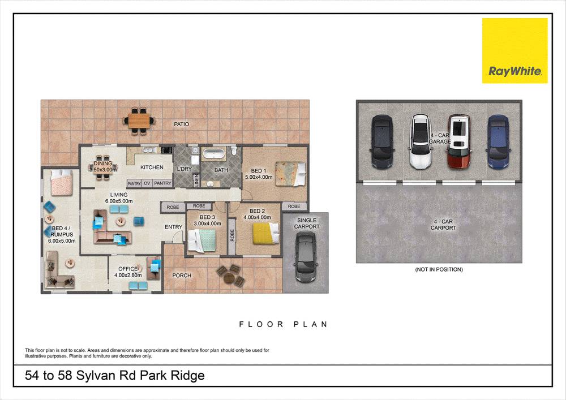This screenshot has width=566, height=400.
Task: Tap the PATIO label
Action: coord(181,124)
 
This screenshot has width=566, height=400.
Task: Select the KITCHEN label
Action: coord(152,167)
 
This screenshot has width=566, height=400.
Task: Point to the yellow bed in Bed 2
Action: coord(265,231)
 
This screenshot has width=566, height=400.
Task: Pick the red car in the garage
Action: coord(458,142)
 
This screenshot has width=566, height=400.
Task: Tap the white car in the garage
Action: coord(419,142)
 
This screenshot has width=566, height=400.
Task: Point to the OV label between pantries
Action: coord(147,183)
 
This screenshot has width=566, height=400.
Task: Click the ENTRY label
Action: coord(173,227)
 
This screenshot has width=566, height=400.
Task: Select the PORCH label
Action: coord(182,276)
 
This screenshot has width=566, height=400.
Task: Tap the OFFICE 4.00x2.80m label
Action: coord(128,272)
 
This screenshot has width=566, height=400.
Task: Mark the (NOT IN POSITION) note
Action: coord(439,269)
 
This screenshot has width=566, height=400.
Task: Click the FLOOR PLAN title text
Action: coord(283,325)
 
